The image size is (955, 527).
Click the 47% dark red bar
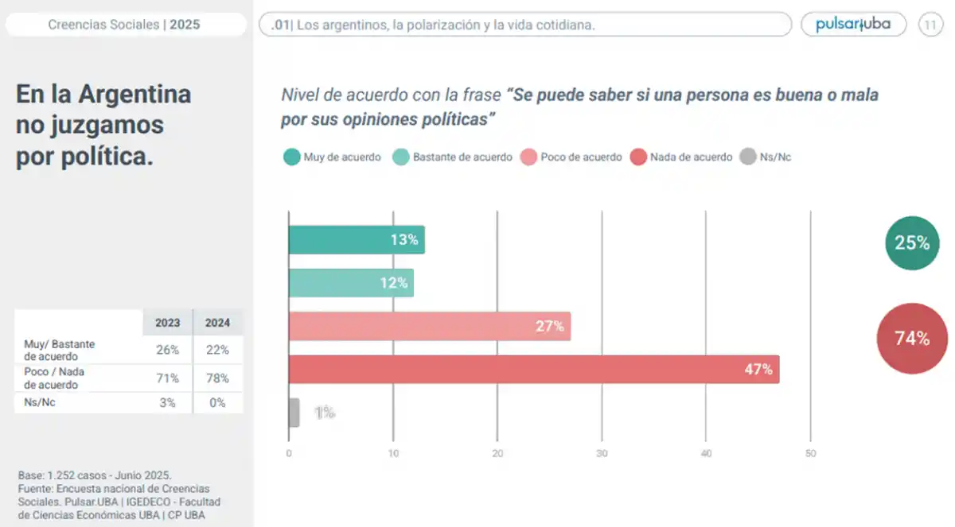coord(533,370)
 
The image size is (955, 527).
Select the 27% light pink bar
coord(429,326)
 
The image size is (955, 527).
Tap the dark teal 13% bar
coord(356,240)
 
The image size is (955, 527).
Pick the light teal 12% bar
coord(350,283)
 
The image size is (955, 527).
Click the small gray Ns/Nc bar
coord(294,413)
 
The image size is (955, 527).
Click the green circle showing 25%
coord(912,243)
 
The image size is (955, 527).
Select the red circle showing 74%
coord(912,339)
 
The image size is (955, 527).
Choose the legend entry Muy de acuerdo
coord(333,157)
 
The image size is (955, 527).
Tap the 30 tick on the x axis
coord(602,454)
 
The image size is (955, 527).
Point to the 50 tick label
coord(810,454)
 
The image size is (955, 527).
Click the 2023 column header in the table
coord(168,324)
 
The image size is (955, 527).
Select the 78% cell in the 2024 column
coord(217,378)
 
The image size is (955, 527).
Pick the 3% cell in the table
coord(168,403)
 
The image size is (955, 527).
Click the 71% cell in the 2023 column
coord(168,378)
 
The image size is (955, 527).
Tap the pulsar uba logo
coord(853,25)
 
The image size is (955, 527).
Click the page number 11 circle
coord(930,25)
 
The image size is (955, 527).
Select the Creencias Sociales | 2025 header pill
coord(124,25)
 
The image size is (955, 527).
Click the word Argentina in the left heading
coord(134,95)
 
